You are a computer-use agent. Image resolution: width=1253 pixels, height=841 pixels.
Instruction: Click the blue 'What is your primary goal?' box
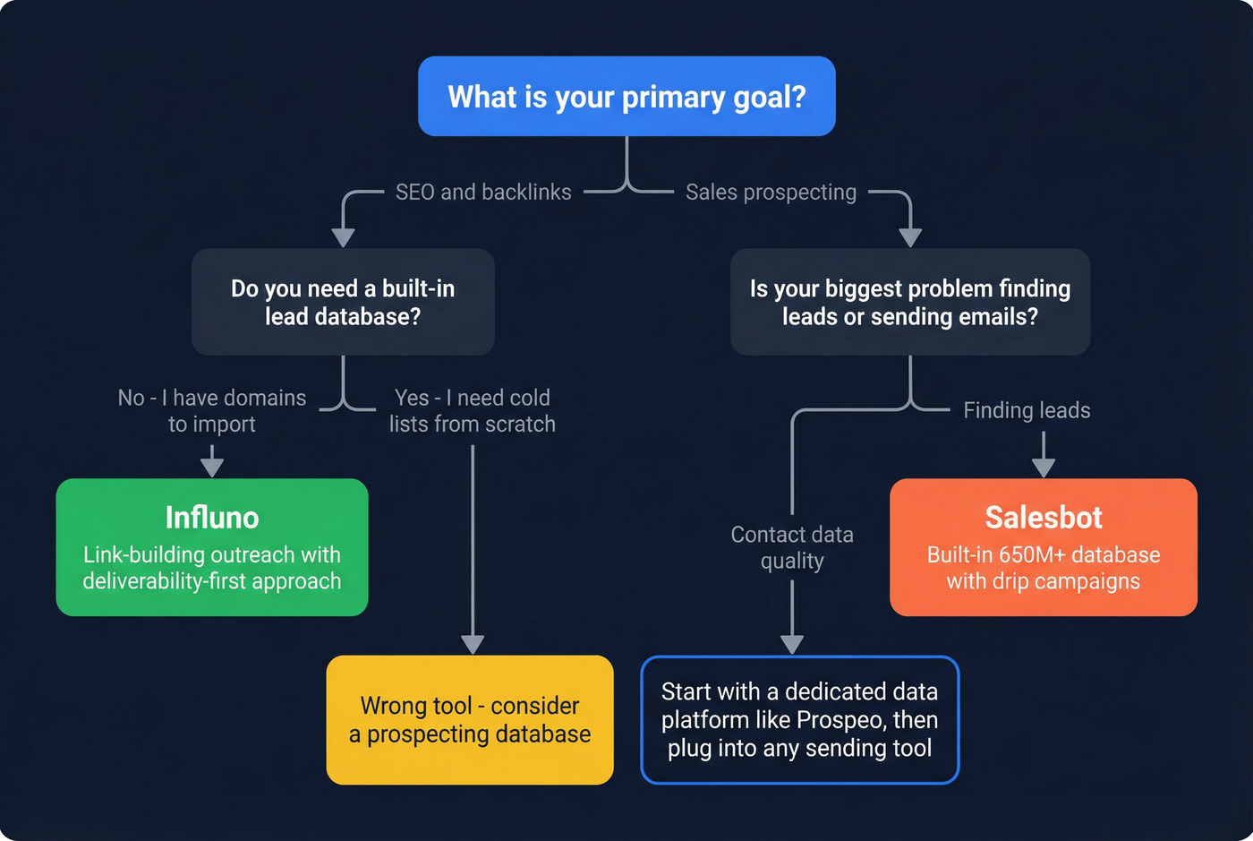pyautogui.click(x=626, y=97)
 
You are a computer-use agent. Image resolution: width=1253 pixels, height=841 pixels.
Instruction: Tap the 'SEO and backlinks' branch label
pyautogui.click(x=483, y=193)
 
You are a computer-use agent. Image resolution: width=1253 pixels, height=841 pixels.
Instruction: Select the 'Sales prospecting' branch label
pyautogui.click(x=771, y=193)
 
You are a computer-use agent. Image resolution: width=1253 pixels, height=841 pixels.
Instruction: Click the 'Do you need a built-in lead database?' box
pyautogui.click(x=343, y=302)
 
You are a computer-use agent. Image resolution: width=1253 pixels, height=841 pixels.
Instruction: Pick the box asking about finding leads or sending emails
pyautogui.click(x=910, y=302)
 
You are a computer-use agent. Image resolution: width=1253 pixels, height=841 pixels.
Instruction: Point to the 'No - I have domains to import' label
pyautogui.click(x=212, y=410)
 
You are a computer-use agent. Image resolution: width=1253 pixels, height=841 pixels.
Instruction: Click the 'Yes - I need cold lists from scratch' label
pyautogui.click(x=473, y=410)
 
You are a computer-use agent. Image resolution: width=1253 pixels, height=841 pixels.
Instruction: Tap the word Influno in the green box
pyautogui.click(x=212, y=518)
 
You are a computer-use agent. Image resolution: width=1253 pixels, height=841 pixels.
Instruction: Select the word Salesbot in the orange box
pyautogui.click(x=1044, y=518)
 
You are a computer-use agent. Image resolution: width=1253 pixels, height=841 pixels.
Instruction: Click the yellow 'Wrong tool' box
pyautogui.click(x=470, y=720)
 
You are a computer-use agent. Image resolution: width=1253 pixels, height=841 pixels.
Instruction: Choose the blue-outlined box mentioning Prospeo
pyautogui.click(x=799, y=720)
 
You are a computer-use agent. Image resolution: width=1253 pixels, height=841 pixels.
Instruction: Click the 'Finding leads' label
pyautogui.click(x=1027, y=410)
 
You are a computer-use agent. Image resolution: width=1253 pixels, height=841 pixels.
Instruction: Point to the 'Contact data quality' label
pyautogui.click(x=792, y=547)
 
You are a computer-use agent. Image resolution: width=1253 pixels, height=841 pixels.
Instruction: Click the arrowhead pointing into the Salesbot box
pyautogui.click(x=1044, y=468)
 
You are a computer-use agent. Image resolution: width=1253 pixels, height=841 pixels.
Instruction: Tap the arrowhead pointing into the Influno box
pyautogui.click(x=212, y=467)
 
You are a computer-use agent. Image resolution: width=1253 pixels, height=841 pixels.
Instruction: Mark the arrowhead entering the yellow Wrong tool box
pyautogui.click(x=473, y=644)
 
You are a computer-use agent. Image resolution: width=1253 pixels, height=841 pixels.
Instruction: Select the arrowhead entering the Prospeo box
pyautogui.click(x=792, y=644)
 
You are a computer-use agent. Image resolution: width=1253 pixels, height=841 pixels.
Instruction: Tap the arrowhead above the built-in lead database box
pyautogui.click(x=343, y=237)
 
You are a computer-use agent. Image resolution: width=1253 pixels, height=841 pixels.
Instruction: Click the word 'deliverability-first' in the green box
pyautogui.click(x=165, y=581)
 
